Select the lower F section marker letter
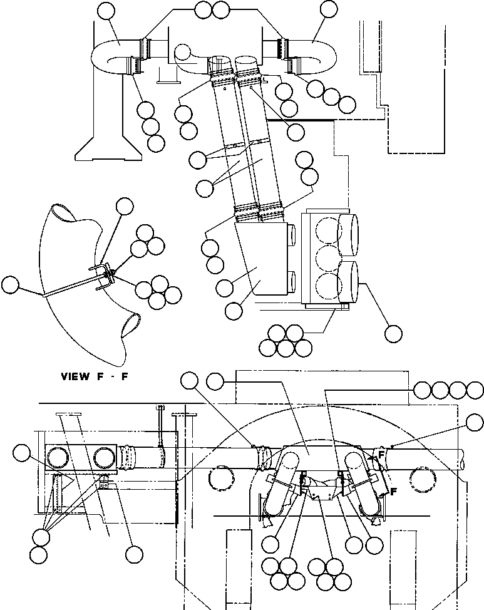[x=394, y=492]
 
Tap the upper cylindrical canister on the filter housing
[x=348, y=235]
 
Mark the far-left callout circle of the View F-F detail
[x=10, y=285]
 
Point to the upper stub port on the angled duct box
[x=292, y=235]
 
